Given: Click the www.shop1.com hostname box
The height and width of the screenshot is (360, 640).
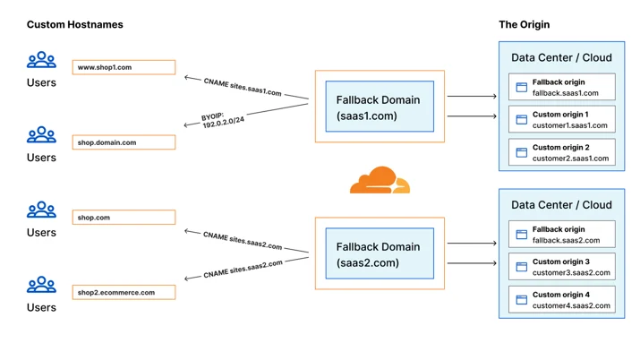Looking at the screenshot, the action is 124,67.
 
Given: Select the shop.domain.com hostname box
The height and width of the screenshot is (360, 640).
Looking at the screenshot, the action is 124,142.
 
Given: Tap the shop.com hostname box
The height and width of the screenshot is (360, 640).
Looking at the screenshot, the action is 124,217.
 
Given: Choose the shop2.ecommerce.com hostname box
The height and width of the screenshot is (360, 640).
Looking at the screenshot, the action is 124,292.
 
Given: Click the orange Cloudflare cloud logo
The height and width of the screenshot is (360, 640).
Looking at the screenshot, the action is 380,180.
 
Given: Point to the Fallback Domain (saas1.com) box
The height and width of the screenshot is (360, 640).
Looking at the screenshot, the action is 380,107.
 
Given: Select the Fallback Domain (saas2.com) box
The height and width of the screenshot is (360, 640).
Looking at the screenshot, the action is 380,253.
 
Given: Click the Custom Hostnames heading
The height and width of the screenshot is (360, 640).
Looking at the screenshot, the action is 74,24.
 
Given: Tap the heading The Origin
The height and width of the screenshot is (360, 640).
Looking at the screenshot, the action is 524,24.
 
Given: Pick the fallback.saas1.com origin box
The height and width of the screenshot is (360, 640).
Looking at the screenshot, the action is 561,87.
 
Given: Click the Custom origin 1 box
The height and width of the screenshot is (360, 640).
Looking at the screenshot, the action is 561,119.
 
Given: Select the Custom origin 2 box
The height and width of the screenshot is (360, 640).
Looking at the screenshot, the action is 561,152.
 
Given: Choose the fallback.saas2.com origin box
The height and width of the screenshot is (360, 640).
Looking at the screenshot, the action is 561,235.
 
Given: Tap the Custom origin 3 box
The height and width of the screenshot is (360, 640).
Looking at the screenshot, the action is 561,267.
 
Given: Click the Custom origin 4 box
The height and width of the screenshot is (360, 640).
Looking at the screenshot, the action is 561,300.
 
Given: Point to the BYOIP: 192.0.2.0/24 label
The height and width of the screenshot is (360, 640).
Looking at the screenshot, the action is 223,120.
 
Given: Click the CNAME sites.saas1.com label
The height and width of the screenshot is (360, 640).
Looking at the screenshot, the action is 243,87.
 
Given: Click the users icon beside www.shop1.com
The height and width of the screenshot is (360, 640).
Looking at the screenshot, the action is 41,60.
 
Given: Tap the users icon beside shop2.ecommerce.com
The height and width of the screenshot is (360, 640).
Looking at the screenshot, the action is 41,285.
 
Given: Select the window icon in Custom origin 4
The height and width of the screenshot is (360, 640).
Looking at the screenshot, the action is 521,300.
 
